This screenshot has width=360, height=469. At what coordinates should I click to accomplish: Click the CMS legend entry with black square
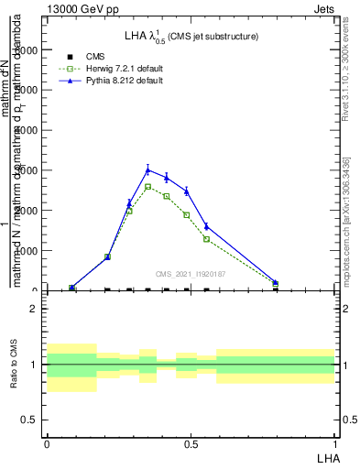(x=83, y=57)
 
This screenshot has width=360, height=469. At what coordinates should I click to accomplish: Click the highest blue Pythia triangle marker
(x=147, y=169)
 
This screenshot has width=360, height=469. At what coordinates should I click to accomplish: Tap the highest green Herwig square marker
(x=147, y=187)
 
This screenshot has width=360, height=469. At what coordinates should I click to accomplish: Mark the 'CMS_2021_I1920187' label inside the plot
(x=191, y=273)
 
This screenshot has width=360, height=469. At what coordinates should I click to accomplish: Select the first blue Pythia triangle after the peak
(x=167, y=177)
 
